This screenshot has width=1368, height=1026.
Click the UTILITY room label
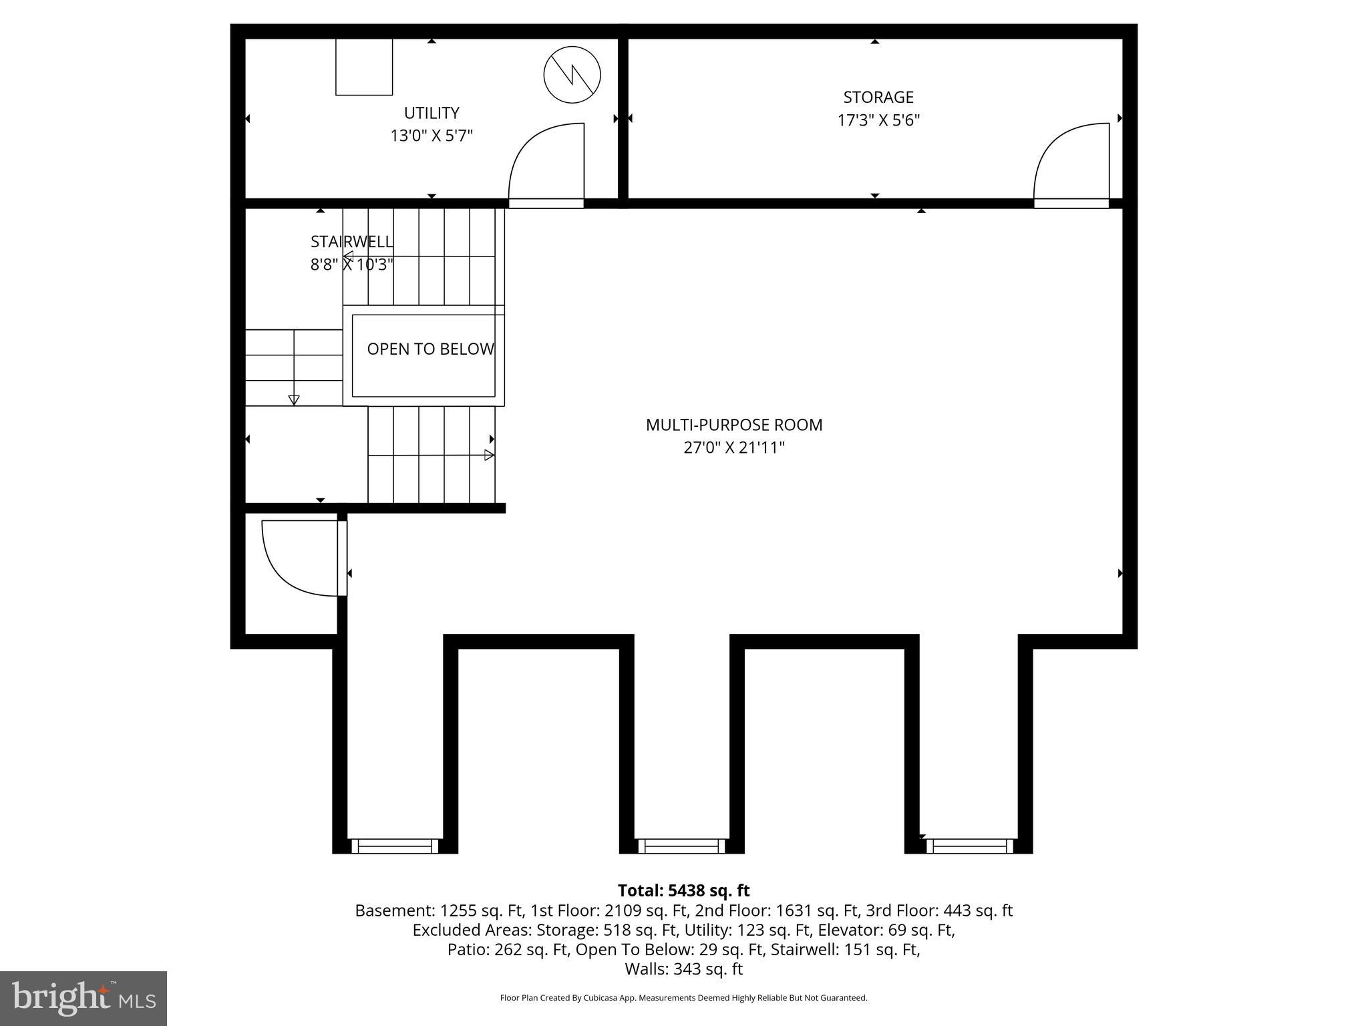pos(432,113)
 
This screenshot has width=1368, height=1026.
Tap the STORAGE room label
pos(878,98)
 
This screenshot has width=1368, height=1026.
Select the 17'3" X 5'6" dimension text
pos(878,121)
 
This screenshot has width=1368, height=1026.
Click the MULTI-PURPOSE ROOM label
pos(733,425)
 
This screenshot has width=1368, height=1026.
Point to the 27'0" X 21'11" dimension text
pos(733,448)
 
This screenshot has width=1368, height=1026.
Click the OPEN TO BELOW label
pos(430,349)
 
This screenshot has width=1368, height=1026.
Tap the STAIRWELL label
pos(351,242)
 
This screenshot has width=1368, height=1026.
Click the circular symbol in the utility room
pos(572,75)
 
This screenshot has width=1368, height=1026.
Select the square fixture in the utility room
pos(363,67)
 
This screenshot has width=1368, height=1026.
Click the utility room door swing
pos(546,162)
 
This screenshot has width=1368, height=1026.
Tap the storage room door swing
pos(1071,162)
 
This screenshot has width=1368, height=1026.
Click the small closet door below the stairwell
pos(301,558)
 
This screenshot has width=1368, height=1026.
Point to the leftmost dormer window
pos(395,846)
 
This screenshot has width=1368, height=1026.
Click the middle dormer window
pos(681,846)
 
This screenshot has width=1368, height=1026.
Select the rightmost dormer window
pos(969,846)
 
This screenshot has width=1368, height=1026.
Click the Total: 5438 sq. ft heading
pos(683,890)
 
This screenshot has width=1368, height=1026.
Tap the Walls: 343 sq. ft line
pos(683,969)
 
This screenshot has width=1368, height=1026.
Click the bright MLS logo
pos(83,998)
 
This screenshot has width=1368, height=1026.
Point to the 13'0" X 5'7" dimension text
pos(432,136)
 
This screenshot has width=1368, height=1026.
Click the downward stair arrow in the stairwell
pos(294,399)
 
